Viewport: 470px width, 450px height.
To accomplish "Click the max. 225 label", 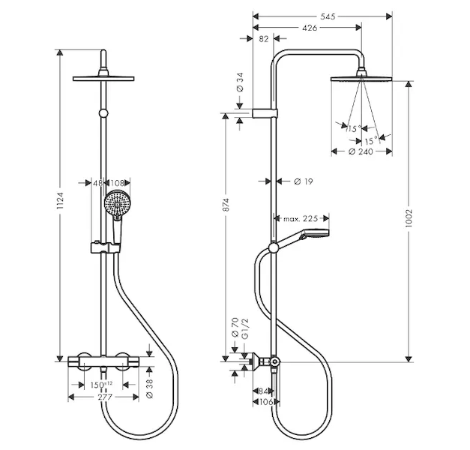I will pyautogui.click(x=301, y=219).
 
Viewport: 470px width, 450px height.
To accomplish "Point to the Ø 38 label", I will pyautogui.click(x=150, y=386).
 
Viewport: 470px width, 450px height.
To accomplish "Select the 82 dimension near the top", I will pyautogui.click(x=263, y=38).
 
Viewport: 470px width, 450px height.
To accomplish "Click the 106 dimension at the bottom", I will pyautogui.click(x=264, y=402).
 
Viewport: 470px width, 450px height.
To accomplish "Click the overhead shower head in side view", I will pyautogui.click(x=361, y=76).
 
